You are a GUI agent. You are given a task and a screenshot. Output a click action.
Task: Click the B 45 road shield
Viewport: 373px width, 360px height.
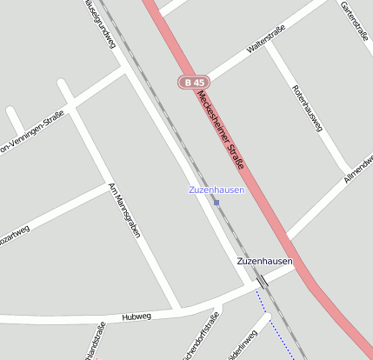tap(193, 82)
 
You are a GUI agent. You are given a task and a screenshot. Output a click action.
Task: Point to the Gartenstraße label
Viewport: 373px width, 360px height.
tap(356, 22)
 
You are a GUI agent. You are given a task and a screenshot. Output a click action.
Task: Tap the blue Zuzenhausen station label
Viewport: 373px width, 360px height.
tap(216, 190)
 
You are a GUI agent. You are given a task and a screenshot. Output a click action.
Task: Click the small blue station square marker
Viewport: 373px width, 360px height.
tap(216, 203)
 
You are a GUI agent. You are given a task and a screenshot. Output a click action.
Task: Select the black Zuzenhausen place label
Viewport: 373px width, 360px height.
tap(264, 261)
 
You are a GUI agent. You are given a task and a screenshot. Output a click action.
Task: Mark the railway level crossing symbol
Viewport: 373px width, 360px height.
tap(261, 281)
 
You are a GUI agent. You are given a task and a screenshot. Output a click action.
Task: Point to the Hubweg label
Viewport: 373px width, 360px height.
tap(137, 317)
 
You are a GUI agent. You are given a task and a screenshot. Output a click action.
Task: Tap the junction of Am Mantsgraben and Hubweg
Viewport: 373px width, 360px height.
tap(177, 310)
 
